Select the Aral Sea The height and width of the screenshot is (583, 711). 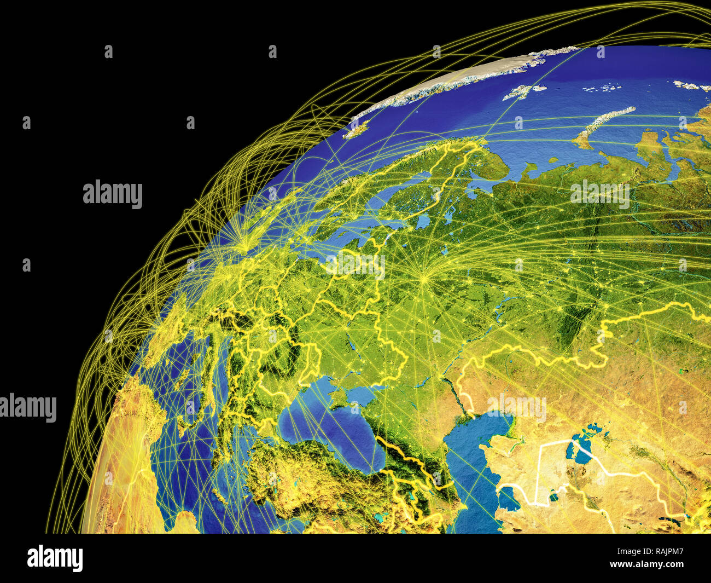pyautogui.click(x=580, y=449)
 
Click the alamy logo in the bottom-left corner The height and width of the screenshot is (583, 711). pyautogui.click(x=55, y=558)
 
